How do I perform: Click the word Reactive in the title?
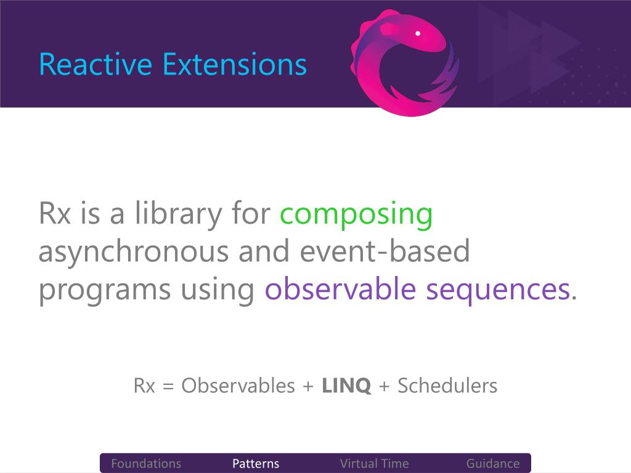point(96,64)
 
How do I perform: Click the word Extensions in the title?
point(235,64)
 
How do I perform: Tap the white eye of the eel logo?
point(418,33)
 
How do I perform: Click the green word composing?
point(356,215)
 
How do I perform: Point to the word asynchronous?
point(133,252)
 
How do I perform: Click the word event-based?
point(385,250)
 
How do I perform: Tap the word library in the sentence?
point(178,214)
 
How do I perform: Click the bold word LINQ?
point(346,386)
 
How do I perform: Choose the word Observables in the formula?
point(238,386)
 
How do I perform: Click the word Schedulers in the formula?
point(447,386)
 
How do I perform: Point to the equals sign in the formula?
point(168,387)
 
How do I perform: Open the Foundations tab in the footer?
point(146,463)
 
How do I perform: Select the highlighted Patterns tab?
point(256,463)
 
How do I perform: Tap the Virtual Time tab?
point(374,463)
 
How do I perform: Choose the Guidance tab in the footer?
point(492,463)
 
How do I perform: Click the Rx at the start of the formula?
point(144,386)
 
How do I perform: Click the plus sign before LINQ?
point(308,387)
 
